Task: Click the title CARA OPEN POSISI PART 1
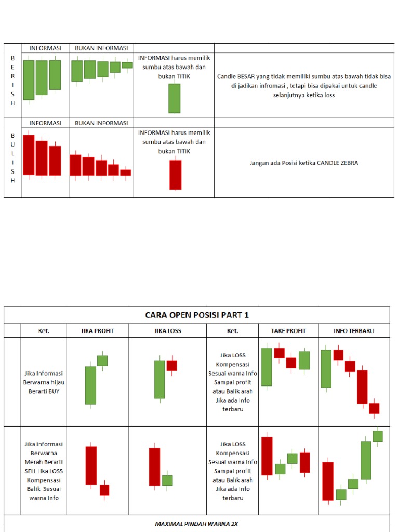[196, 315]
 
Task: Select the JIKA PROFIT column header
[97, 330]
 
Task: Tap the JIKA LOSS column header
[167, 330]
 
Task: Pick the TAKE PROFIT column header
[288, 330]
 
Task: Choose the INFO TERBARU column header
[354, 330]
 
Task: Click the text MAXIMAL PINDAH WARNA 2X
[196, 524]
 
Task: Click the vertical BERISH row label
[12, 81]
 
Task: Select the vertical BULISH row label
[12, 158]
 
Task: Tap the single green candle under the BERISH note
[174, 98]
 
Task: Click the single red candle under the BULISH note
[175, 175]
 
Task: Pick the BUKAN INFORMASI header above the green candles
[101, 48]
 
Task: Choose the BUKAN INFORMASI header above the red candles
[101, 123]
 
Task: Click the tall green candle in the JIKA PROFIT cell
[90, 385]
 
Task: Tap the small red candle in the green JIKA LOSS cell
[171, 365]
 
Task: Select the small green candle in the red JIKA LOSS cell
[167, 480]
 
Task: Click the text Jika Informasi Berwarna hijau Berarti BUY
[44, 382]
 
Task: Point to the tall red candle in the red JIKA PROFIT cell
[91, 465]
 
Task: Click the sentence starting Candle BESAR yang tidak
[304, 86]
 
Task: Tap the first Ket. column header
[44, 330]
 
